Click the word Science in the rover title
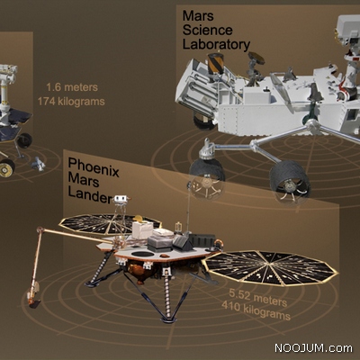(208, 31)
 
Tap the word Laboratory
(216, 45)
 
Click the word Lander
(90, 195)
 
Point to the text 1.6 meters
(72, 87)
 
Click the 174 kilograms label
(71, 102)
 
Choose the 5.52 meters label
(257, 297)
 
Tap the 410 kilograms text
(256, 310)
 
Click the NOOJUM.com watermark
(313, 348)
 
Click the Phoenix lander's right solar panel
(270, 268)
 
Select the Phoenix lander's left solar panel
(110, 223)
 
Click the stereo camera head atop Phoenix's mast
(121, 199)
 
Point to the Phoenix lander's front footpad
(168, 319)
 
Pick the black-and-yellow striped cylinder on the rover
(216, 63)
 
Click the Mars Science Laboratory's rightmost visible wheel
(289, 182)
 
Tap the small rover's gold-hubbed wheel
(6, 168)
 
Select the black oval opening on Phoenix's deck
(143, 254)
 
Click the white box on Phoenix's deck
(143, 230)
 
